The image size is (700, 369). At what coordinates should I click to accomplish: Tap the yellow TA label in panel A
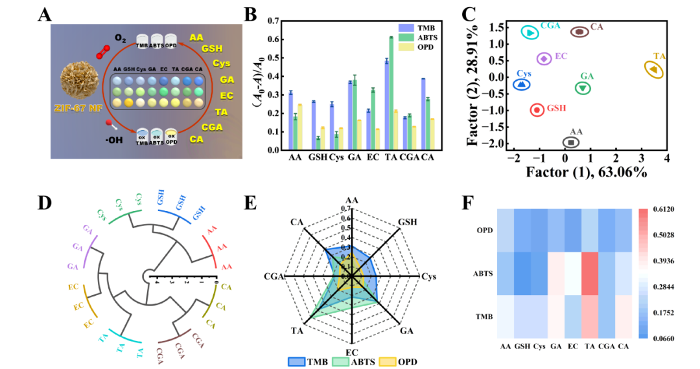221,111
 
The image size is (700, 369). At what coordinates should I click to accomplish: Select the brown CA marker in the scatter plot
579,31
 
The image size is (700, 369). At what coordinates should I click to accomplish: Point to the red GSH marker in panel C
537,109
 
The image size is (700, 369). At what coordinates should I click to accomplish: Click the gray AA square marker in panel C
571,142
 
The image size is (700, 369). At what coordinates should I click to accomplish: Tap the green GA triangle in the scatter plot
583,88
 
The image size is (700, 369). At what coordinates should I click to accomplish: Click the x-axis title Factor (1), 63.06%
586,172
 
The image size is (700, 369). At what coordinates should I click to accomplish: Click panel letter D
45,203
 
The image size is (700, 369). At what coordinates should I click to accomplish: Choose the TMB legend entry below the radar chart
308,361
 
